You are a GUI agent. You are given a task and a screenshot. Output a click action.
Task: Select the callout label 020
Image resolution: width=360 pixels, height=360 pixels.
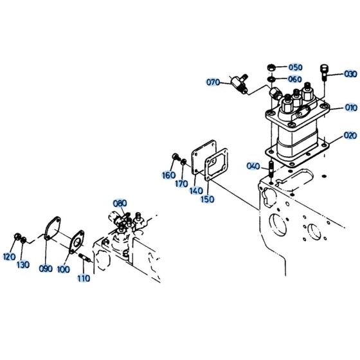pyautogui.click(x=350, y=136)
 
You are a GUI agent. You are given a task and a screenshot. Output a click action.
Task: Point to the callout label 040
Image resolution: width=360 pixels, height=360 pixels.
pyautogui.click(x=254, y=167)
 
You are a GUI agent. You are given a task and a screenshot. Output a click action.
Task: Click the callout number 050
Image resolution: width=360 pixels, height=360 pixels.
pyautogui.click(x=294, y=67)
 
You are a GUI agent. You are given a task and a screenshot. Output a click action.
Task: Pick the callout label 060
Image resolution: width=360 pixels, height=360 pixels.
pyautogui.click(x=294, y=79)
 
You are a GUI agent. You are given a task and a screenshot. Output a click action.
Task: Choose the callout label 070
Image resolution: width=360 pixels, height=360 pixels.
pyautogui.click(x=213, y=82)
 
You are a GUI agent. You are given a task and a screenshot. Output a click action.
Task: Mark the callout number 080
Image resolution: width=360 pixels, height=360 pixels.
pyautogui.click(x=120, y=204)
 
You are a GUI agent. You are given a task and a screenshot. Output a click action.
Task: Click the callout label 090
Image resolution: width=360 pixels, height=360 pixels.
pyautogui.click(x=46, y=269)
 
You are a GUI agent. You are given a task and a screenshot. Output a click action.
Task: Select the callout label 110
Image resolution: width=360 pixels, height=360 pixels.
pyautogui.click(x=84, y=279)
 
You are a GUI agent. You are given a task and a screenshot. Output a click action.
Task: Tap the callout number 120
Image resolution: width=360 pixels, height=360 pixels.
pyautogui.click(x=9, y=256)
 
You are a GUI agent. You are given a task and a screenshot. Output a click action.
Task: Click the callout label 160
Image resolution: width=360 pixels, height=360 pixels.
pyautogui.click(x=168, y=175)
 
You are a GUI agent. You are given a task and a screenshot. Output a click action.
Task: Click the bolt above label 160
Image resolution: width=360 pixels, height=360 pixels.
pyautogui.click(x=175, y=157)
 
